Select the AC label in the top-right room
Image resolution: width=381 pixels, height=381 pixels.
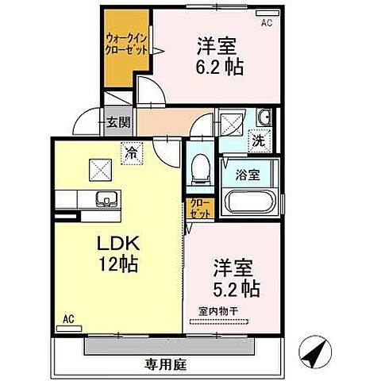point(266,23)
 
